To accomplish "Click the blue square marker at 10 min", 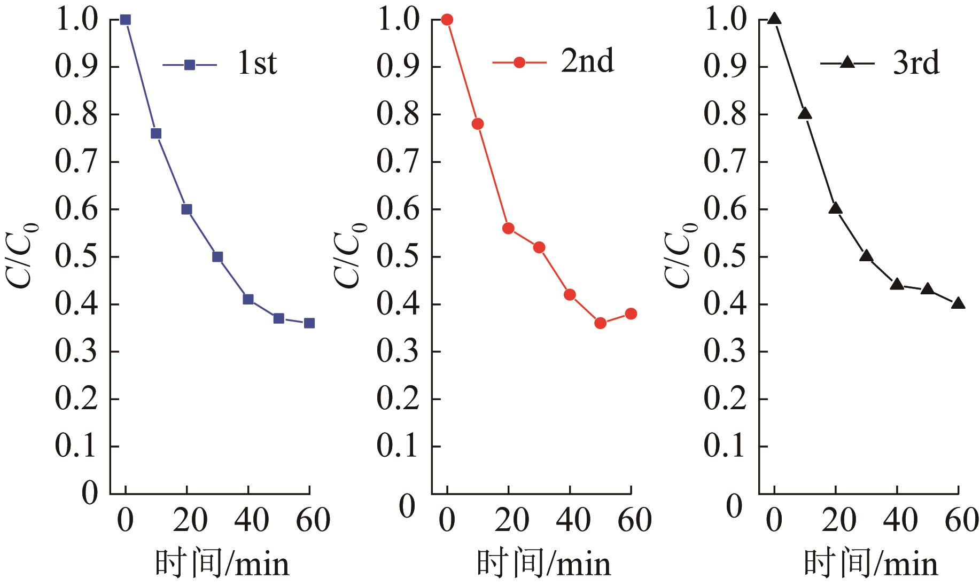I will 156,134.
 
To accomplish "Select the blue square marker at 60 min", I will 309,323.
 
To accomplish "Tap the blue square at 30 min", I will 217,257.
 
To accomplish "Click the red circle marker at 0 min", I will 447,20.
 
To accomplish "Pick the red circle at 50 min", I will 600,323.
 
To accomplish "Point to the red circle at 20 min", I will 508,229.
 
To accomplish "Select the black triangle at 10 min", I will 805,114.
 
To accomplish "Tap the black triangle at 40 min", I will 897,284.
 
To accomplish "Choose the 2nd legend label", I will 587,62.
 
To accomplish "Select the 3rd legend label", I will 916,63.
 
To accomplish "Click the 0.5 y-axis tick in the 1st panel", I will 76,257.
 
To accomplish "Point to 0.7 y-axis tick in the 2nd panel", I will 398,162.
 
